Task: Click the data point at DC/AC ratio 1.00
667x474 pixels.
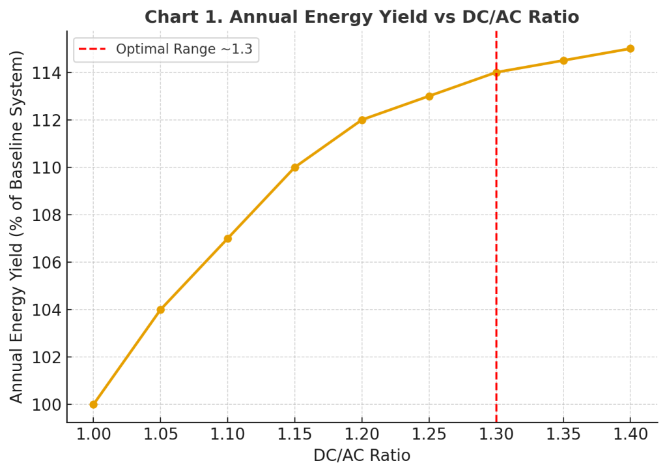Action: pyautogui.click(x=93, y=404)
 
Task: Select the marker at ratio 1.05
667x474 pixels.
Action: pyautogui.click(x=160, y=310)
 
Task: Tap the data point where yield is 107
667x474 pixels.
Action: pyautogui.click(x=227, y=239)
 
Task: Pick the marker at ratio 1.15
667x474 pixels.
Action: pyautogui.click(x=294, y=168)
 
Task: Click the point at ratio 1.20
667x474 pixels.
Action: pyautogui.click(x=362, y=120)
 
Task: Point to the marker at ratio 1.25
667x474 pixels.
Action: pyautogui.click(x=429, y=96)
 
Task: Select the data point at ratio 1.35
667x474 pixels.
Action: pyautogui.click(x=563, y=61)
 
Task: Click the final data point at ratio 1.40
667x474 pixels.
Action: pyautogui.click(x=631, y=48)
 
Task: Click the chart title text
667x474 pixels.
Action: pyautogui.click(x=362, y=16)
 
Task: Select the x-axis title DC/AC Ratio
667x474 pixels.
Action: pyautogui.click(x=362, y=456)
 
